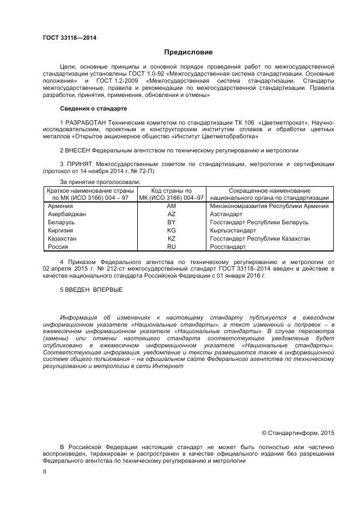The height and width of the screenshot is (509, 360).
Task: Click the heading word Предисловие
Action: [x=189, y=52]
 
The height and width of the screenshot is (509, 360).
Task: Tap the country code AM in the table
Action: [x=172, y=206]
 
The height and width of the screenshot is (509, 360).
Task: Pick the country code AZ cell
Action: [x=172, y=214]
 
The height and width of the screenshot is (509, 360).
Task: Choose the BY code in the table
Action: [x=172, y=223]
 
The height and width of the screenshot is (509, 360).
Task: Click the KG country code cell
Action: [x=172, y=231]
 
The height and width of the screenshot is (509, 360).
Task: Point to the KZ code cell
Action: [x=172, y=238]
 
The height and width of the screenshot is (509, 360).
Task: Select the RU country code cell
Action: [x=172, y=247]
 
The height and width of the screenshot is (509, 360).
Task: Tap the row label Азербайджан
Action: [x=67, y=214]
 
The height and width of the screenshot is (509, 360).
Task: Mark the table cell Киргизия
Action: [x=62, y=231]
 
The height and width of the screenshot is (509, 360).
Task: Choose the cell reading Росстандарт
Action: [x=228, y=247]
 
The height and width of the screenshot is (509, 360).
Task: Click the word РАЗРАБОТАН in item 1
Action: [x=86, y=122]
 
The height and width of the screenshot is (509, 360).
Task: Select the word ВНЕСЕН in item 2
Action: [x=78, y=150]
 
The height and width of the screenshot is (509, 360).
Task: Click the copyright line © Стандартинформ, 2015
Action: [x=298, y=433]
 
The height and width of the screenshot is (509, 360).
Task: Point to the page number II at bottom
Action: [x=45, y=472]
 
